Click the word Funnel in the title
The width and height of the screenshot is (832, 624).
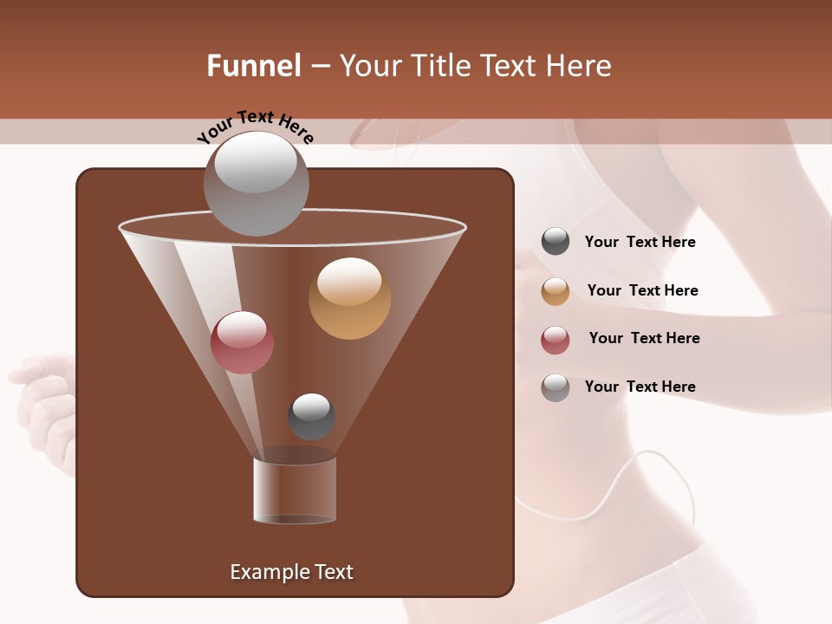(x=253, y=66)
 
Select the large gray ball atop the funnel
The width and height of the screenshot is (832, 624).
(x=256, y=183)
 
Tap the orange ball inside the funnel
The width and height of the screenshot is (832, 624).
(x=349, y=298)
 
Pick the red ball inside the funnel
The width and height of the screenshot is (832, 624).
(x=242, y=342)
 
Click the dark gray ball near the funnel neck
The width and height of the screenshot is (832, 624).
(x=311, y=417)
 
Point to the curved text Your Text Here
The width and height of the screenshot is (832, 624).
(x=255, y=127)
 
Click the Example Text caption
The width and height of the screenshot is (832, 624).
(x=291, y=572)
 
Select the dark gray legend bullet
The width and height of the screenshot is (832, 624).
(x=556, y=242)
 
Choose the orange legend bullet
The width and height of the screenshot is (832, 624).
(x=556, y=291)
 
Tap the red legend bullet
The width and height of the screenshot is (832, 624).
(x=556, y=340)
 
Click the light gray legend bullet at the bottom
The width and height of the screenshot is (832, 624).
(x=556, y=387)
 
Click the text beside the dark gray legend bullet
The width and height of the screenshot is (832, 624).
(x=640, y=243)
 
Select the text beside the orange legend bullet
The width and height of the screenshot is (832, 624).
(x=642, y=291)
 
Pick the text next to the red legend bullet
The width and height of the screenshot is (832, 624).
(x=644, y=339)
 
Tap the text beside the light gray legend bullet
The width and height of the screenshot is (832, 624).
(x=640, y=387)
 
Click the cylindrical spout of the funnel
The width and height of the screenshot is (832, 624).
(x=295, y=491)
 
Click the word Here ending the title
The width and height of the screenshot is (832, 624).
(x=582, y=66)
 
